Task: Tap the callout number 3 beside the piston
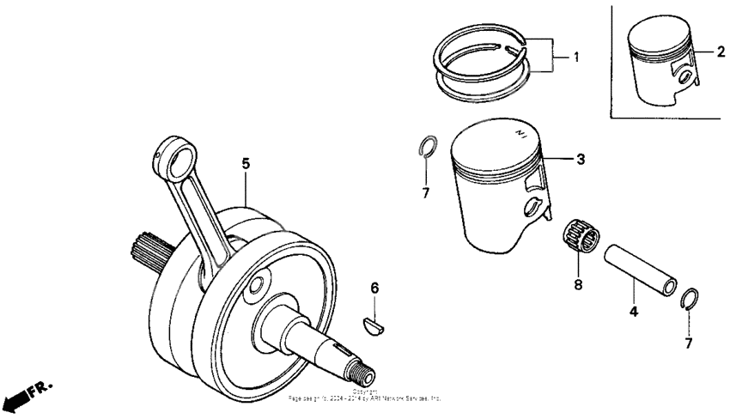pos(581,160)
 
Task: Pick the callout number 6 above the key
pos(374,288)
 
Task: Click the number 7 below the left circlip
pos(425,193)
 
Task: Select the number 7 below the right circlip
pos(689,343)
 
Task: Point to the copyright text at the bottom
pos(365,396)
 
